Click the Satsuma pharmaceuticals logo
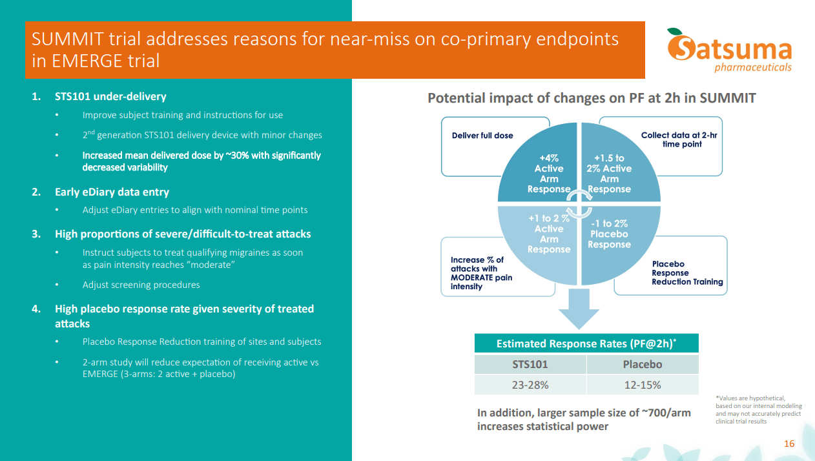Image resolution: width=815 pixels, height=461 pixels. pyautogui.click(x=730, y=50)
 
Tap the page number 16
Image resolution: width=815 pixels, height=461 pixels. pyautogui.click(x=789, y=444)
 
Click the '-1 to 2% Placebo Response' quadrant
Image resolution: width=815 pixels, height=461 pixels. pyautogui.click(x=610, y=234)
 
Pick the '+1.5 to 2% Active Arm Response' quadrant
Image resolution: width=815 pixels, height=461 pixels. pyautogui.click(x=610, y=174)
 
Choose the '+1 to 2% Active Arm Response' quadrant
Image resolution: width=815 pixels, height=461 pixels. pyautogui.click(x=548, y=234)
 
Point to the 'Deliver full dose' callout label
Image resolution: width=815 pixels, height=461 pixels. pyautogui.click(x=482, y=136)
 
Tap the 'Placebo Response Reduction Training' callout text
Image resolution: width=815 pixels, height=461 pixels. pyautogui.click(x=687, y=272)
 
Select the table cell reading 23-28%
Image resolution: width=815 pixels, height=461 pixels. pyautogui.click(x=530, y=385)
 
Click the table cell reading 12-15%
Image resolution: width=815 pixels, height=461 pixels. pyautogui.click(x=642, y=385)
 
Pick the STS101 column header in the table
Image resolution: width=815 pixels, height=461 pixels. pyautogui.click(x=530, y=364)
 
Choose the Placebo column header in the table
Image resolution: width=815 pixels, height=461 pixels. pyautogui.click(x=642, y=364)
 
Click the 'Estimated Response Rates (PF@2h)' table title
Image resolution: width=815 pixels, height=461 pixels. pyautogui.click(x=586, y=343)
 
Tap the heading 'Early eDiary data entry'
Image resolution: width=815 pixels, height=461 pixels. pyautogui.click(x=112, y=192)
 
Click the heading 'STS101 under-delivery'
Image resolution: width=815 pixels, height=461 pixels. pyautogui.click(x=110, y=96)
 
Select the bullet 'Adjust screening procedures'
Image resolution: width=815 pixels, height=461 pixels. pyautogui.click(x=141, y=285)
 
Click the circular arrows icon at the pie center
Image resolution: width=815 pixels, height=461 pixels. pyautogui.click(x=579, y=203)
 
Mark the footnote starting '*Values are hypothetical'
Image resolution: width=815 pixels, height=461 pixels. pyautogui.click(x=758, y=410)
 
